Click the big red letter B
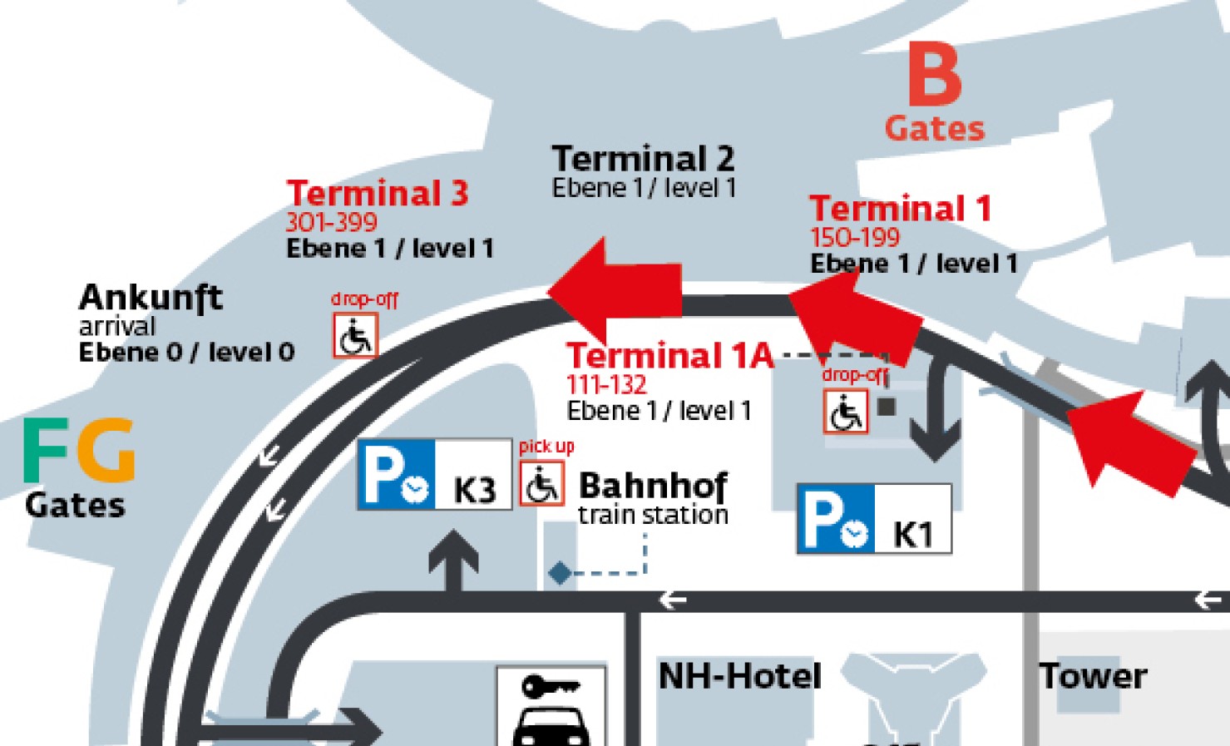[935, 75]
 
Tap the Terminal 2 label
[643, 158]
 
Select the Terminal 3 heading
[378, 193]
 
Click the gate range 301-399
[331, 222]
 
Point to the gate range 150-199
[855, 238]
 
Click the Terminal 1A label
[669, 356]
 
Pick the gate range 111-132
[606, 384]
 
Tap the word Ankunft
[151, 297]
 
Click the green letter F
[46, 450]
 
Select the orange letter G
[106, 450]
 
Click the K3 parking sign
[434, 475]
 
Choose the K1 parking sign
[873, 519]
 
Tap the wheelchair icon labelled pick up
[542, 484]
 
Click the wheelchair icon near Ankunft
[356, 336]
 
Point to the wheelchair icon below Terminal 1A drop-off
[846, 412]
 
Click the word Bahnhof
[653, 486]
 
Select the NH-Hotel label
[739, 675]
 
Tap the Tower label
[1093, 675]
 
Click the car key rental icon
[551, 708]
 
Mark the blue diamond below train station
[560, 573]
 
